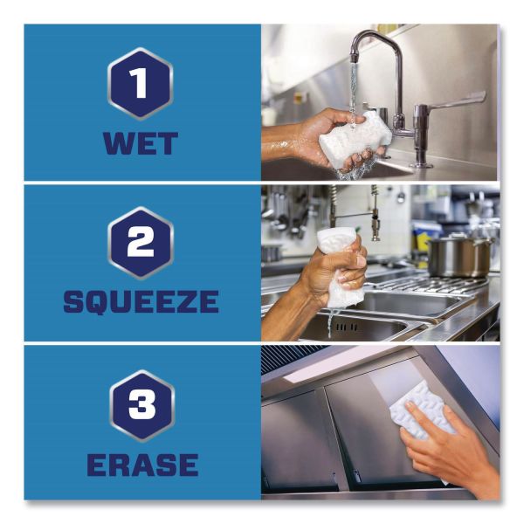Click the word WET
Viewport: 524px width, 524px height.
141,143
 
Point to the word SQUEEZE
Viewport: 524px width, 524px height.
141,301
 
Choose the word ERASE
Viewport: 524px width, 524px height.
142,465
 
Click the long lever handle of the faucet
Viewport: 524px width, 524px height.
452,101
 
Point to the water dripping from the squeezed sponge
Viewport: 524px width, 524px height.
331,322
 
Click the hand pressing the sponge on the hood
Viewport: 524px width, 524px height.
445,445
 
